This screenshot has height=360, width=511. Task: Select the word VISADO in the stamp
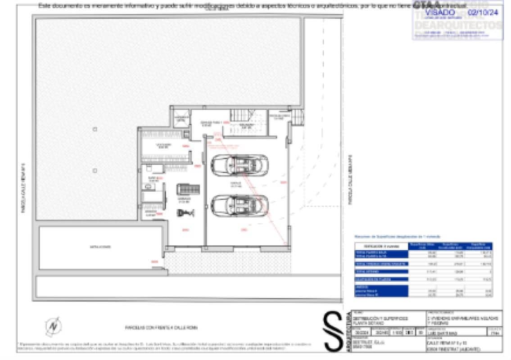click(x=440, y=13)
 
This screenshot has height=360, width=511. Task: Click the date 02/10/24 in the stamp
click(x=483, y=13)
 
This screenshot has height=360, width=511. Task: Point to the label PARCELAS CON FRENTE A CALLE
click(x=161, y=328)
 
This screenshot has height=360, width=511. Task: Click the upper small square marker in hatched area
click(x=95, y=129)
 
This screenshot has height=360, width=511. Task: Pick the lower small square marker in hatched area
click(x=95, y=171)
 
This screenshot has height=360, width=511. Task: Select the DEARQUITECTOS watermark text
click(x=457, y=26)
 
